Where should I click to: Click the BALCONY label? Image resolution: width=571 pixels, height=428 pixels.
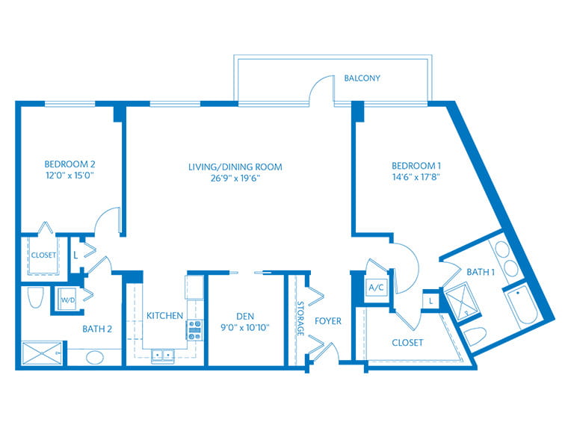click(x=362, y=78)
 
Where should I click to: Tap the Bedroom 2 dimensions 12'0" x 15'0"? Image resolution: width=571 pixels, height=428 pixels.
click(x=70, y=176)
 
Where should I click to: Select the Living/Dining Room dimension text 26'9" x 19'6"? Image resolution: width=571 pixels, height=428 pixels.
click(x=235, y=179)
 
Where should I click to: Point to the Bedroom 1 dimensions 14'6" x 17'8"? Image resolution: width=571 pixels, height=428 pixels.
click(x=416, y=177)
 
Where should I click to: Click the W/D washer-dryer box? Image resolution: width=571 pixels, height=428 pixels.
click(x=67, y=300)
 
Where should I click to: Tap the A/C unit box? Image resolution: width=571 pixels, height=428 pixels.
click(x=376, y=288)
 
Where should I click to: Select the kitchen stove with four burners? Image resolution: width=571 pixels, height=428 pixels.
click(x=194, y=330)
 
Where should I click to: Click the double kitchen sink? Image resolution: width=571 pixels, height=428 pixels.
click(x=163, y=356)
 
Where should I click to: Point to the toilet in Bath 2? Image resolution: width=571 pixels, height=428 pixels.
click(x=36, y=297)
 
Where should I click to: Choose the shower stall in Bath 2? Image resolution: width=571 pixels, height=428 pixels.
click(x=42, y=353)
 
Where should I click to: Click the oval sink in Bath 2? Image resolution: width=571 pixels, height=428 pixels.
click(x=95, y=357)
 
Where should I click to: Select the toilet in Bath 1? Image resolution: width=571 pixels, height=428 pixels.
click(x=475, y=336)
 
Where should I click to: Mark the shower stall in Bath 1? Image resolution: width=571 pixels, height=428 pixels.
click(x=463, y=303)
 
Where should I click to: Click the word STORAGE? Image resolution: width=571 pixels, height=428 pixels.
click(x=300, y=318)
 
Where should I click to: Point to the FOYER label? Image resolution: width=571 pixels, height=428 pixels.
click(x=328, y=321)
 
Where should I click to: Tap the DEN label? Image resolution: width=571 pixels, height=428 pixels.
click(x=245, y=316)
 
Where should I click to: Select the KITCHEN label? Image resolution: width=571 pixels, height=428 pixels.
click(x=164, y=315)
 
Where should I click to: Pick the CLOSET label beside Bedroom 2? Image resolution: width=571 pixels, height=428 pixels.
click(x=43, y=255)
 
